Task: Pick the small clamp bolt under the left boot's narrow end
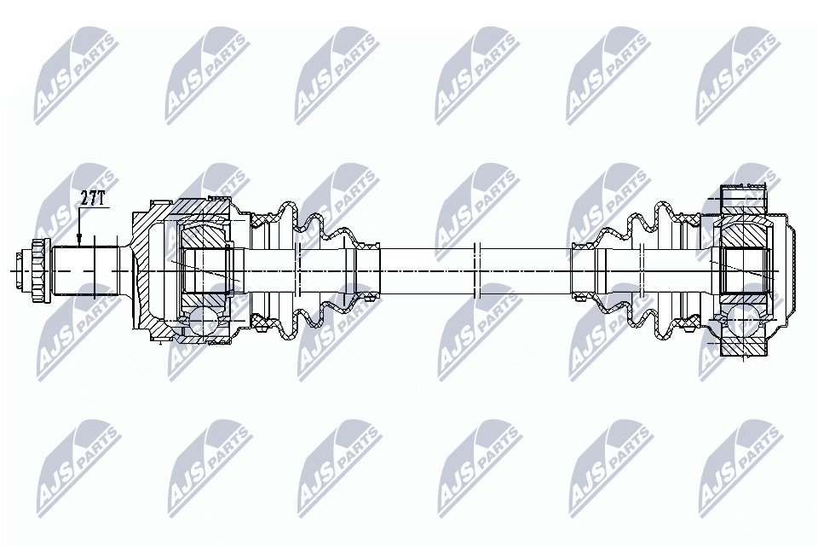pyautogui.click(x=368, y=298)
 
